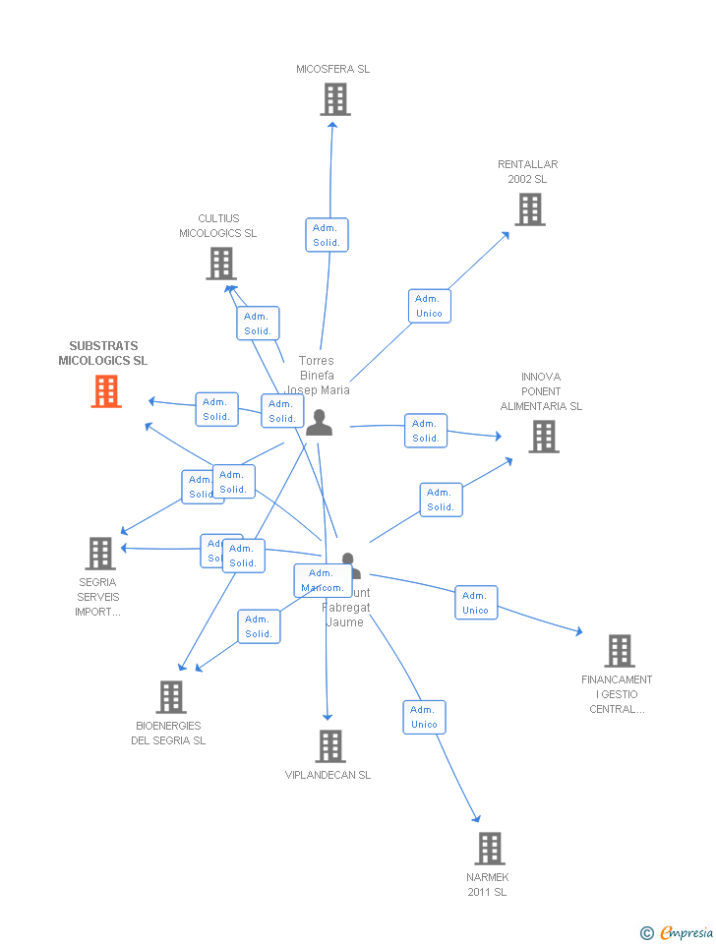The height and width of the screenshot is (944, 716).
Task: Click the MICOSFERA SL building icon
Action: click(335, 99)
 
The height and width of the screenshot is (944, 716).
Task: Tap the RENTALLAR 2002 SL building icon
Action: click(529, 209)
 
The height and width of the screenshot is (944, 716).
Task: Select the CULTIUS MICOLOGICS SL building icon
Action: click(221, 264)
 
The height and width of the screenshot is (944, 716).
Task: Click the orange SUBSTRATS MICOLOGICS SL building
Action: click(106, 391)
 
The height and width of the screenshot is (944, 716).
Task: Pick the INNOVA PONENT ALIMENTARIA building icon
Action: click(543, 437)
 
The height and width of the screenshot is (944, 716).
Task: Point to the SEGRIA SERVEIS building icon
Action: click(100, 554)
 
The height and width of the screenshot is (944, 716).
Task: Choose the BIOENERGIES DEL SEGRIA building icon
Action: click(171, 697)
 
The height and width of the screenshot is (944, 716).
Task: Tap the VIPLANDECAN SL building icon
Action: click(330, 746)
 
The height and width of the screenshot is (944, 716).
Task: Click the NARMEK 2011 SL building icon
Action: click(490, 848)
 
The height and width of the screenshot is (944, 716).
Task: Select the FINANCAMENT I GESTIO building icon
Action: click(619, 651)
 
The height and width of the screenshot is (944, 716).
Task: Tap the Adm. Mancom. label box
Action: click(323, 580)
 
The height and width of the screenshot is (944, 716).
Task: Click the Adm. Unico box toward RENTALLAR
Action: click(429, 306)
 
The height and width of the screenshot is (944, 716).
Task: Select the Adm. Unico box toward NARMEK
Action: click(424, 717)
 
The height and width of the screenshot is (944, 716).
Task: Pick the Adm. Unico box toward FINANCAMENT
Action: click(476, 603)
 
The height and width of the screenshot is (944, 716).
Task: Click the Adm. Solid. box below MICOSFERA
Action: click(327, 235)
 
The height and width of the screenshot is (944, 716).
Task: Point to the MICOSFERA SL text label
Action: click(333, 70)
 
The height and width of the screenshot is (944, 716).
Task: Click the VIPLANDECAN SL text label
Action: click(328, 775)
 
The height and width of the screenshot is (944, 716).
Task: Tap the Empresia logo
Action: click(678, 932)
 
